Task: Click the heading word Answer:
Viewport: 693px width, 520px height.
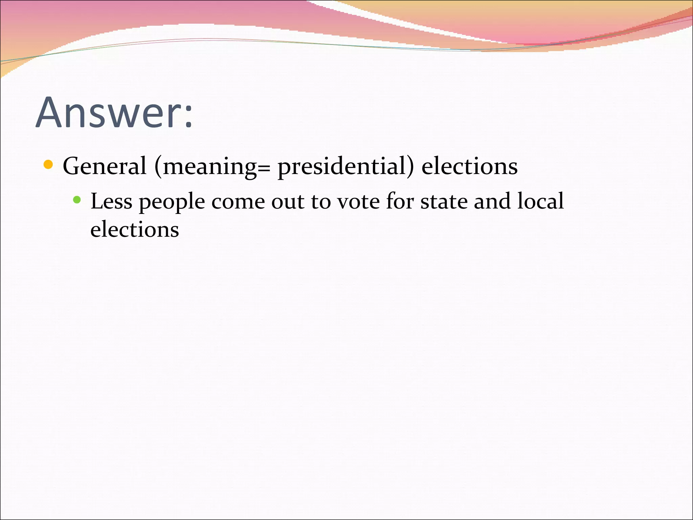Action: pos(114,112)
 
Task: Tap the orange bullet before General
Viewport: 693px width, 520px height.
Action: pos(48,165)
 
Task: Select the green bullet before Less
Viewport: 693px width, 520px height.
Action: pos(77,200)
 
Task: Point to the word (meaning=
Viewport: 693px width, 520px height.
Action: pos(212,167)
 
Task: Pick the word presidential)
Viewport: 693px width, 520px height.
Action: pos(345,167)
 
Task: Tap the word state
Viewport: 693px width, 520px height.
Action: pos(444,202)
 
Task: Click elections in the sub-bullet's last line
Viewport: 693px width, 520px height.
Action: pos(135,229)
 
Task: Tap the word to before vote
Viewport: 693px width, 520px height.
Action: pos(321,202)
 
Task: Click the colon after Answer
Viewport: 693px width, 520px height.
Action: pos(188,117)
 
